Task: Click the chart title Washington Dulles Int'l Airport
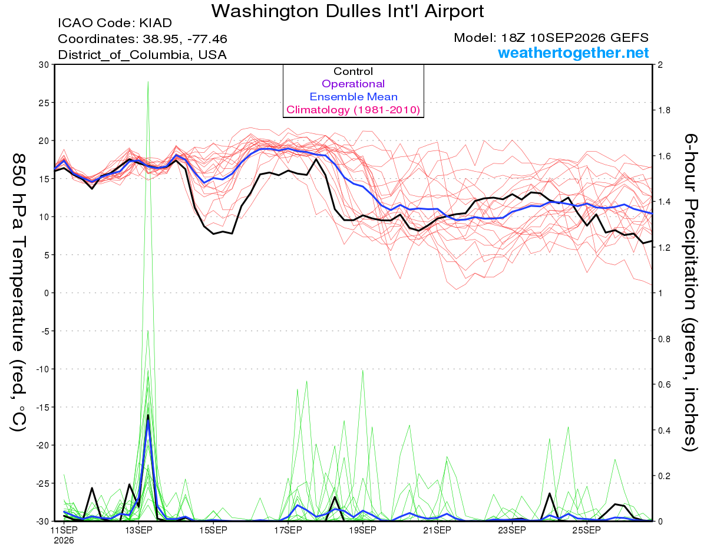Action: coord(348,11)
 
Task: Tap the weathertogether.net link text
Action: coord(573,53)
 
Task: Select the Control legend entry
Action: coord(353,71)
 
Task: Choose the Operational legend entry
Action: coord(353,84)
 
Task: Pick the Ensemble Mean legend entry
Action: coord(353,97)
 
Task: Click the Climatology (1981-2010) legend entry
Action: coord(353,110)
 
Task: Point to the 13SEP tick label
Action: coord(138,530)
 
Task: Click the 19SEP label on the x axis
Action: coord(362,530)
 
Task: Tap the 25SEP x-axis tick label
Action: coord(587,530)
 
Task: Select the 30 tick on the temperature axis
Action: coord(44,65)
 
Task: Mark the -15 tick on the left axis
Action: coord(42,407)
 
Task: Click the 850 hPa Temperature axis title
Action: coord(18,293)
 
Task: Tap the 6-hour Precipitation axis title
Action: coord(689,292)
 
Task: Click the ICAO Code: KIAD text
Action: coord(115,23)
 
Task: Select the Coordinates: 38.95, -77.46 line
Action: coord(143,39)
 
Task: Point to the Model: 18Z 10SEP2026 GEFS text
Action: coord(551,38)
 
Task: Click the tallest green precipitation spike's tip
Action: coord(148,81)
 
